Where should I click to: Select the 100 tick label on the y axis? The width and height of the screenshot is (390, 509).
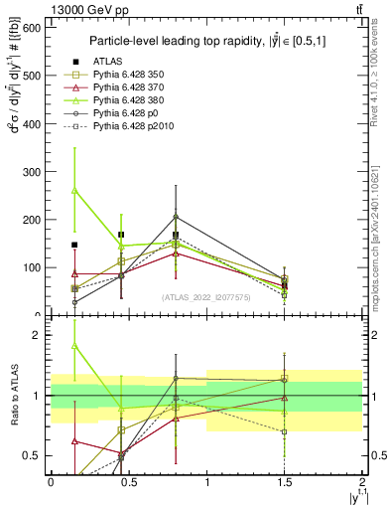click(32, 267)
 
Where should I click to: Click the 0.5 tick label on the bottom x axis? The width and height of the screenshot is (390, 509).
click(128, 482)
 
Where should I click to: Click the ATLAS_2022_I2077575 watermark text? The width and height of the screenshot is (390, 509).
click(206, 297)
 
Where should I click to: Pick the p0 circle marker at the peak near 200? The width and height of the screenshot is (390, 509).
click(176, 217)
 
